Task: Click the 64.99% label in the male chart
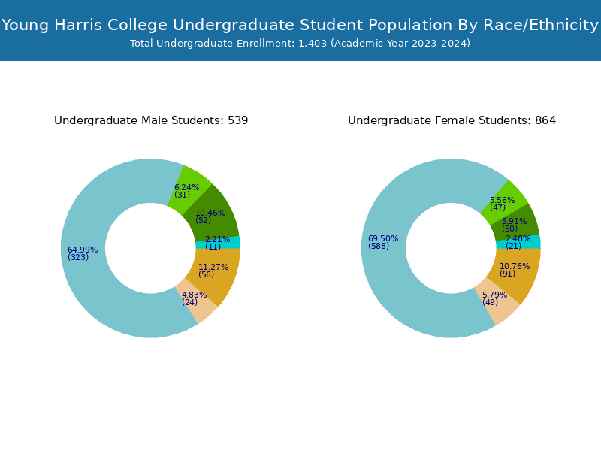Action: [x=83, y=250]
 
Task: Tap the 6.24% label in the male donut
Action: [x=187, y=187]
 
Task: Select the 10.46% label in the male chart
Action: [x=210, y=213]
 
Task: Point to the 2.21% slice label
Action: [x=218, y=239]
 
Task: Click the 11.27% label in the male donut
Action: [x=213, y=267]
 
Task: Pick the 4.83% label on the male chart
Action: [x=194, y=295]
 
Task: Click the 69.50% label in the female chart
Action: [x=383, y=238]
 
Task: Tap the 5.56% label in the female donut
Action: [x=502, y=200]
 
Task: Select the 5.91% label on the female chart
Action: [x=515, y=221]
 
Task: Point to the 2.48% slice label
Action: [x=518, y=238]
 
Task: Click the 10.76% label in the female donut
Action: [x=515, y=266]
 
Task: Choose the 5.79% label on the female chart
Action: [x=494, y=295]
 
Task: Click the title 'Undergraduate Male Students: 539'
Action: [x=151, y=120]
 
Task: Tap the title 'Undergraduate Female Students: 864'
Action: [x=452, y=120]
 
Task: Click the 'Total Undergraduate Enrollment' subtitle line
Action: [x=300, y=44]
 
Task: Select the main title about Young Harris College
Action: [x=300, y=25]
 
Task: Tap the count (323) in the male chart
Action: [x=78, y=258]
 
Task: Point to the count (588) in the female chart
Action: [x=379, y=247]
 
